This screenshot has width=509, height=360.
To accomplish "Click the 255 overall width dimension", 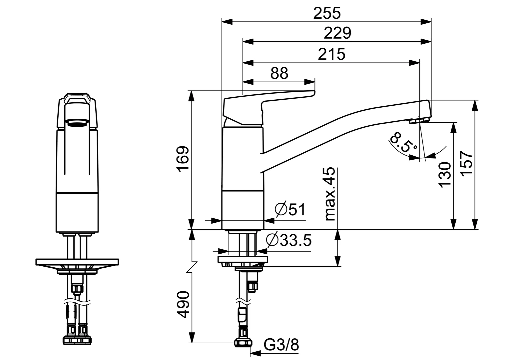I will tap(327, 13).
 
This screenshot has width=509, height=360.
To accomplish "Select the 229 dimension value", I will tap(337, 33).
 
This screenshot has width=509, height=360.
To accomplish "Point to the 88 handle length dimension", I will tap(279, 73).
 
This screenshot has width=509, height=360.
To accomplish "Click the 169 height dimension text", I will tap(183, 158).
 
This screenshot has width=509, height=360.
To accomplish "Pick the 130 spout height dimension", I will tap(445, 175).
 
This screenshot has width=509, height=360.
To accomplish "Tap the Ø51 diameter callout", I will tap(290, 209).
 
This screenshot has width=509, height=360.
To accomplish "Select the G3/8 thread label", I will tap(281, 345).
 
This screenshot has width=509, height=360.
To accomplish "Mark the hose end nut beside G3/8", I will tap(244, 343).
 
